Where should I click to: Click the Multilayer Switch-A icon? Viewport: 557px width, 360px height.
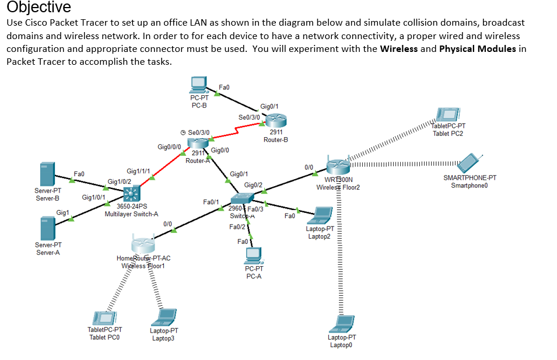click(x=132, y=193)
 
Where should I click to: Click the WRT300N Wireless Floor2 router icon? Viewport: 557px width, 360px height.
click(x=338, y=167)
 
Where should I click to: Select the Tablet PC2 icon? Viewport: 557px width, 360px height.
click(x=449, y=114)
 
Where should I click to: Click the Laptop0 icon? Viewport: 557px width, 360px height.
click(x=342, y=323)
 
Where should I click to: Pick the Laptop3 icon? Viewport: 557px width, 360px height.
click(x=163, y=317)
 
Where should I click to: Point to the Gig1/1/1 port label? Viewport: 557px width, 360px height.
click(x=138, y=171)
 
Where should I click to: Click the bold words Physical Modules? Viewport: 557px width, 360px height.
click(x=477, y=48)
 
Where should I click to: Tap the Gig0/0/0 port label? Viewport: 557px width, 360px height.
click(x=169, y=145)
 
